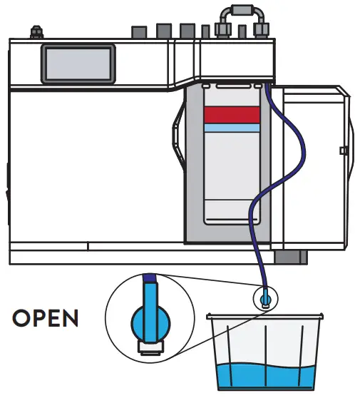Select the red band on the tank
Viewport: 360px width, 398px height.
(x=232, y=114)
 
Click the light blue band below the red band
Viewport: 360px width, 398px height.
(x=232, y=128)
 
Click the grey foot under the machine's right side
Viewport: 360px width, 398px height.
(x=290, y=257)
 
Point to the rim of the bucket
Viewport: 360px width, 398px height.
(x=265, y=315)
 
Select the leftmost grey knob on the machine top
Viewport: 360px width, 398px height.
(x=138, y=34)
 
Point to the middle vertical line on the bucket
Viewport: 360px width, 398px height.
(x=265, y=349)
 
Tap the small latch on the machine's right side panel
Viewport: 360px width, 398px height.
(x=344, y=150)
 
